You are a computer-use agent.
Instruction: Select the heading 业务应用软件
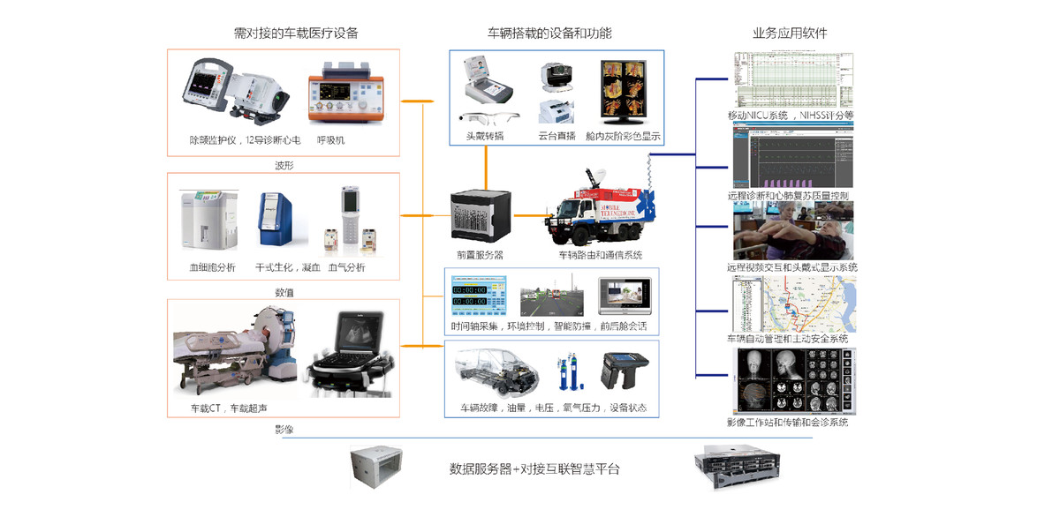click(790, 34)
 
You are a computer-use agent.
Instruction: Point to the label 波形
click(284, 164)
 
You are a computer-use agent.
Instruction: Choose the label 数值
click(284, 292)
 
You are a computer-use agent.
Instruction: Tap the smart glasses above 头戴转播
click(488, 119)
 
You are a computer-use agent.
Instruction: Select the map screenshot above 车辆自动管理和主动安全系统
click(793, 303)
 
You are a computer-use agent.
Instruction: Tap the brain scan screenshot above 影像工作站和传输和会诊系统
click(793, 381)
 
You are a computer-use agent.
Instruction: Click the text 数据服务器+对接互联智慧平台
click(540, 468)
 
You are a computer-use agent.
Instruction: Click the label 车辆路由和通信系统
click(600, 255)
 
